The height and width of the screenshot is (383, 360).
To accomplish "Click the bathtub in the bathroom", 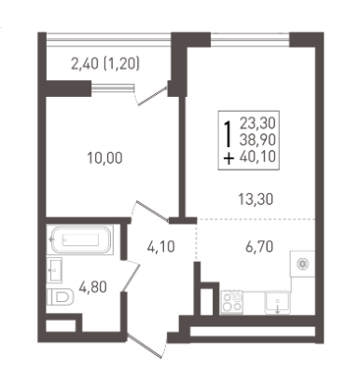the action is click(x=80, y=239).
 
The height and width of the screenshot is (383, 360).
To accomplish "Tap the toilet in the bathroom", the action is click(x=61, y=297).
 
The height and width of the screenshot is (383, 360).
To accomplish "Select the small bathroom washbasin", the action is click(x=54, y=270).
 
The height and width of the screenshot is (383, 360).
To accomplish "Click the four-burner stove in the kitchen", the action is click(x=232, y=303).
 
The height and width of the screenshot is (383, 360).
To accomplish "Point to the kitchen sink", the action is click(x=278, y=302).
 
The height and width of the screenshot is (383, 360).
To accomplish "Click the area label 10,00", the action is click(x=104, y=158).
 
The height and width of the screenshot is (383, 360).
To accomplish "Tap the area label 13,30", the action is click(x=256, y=198).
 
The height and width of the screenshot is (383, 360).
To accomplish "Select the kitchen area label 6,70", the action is click(x=259, y=247).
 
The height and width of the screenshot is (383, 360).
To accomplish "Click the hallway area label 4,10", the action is click(x=160, y=247).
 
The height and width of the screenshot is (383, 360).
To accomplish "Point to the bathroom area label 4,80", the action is click(x=92, y=287).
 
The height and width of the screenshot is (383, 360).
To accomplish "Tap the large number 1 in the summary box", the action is click(x=228, y=133).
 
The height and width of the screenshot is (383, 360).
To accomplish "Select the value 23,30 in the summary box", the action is click(x=257, y=123).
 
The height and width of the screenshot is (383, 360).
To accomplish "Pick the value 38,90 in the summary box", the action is click(x=257, y=140).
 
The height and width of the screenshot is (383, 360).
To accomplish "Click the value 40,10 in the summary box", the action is click(x=257, y=157).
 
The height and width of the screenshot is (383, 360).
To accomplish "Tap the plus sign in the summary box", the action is click(x=228, y=159).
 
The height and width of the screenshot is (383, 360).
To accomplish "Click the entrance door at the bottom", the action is click(x=146, y=347).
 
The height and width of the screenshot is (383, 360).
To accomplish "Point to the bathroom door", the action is click(x=131, y=276).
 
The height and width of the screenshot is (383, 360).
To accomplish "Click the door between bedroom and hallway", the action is click(x=151, y=212).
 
